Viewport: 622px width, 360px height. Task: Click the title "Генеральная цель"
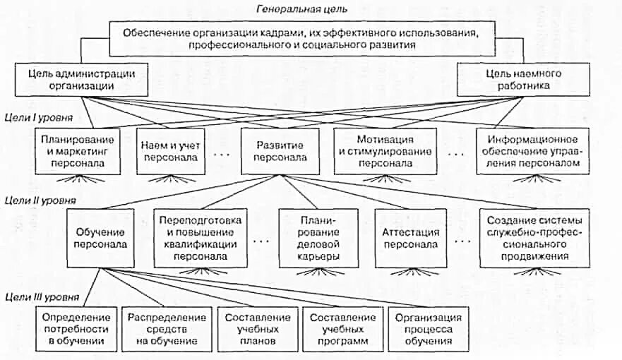[x=311, y=9]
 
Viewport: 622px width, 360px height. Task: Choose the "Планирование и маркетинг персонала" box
[x=73, y=150]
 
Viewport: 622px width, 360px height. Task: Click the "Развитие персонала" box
[x=275, y=150]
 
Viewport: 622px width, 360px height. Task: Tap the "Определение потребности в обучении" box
[x=76, y=329]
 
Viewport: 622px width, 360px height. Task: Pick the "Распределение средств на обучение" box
[x=167, y=329]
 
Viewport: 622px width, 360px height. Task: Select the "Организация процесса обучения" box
[x=429, y=329]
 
